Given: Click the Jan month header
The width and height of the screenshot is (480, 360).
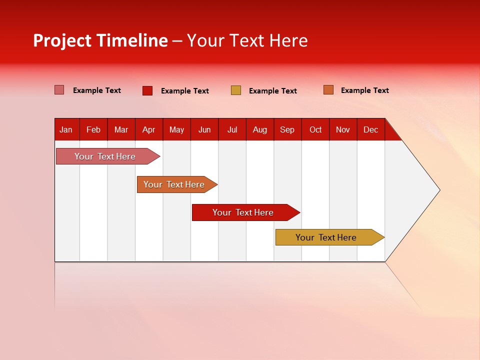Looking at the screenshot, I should (66, 129).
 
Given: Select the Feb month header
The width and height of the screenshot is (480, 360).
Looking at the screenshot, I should (93, 129).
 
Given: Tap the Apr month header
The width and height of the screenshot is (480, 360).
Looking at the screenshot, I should (148, 129).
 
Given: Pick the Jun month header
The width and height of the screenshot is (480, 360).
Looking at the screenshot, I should (204, 129).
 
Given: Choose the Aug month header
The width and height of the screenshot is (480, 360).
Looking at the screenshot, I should (260, 129).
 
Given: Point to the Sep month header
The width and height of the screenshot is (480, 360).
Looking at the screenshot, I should (287, 129).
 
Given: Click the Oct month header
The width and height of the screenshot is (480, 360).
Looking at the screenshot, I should (315, 129).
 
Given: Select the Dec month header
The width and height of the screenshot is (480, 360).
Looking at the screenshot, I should (371, 129).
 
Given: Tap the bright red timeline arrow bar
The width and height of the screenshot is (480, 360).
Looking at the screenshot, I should (243, 212).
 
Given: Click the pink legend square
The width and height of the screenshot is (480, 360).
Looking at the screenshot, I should (59, 90).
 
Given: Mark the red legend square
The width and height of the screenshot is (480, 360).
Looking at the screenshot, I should (147, 90).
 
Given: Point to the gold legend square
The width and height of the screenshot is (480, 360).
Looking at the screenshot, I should (236, 90).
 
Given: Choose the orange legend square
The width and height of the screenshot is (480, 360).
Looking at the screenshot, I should (328, 90).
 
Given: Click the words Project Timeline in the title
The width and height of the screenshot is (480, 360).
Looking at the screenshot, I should (100, 40).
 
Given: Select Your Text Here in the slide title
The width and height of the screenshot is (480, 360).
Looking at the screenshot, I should (247, 40).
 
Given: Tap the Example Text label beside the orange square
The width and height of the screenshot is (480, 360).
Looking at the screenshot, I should (364, 90).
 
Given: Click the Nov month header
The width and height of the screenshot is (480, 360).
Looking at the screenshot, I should (343, 129).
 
